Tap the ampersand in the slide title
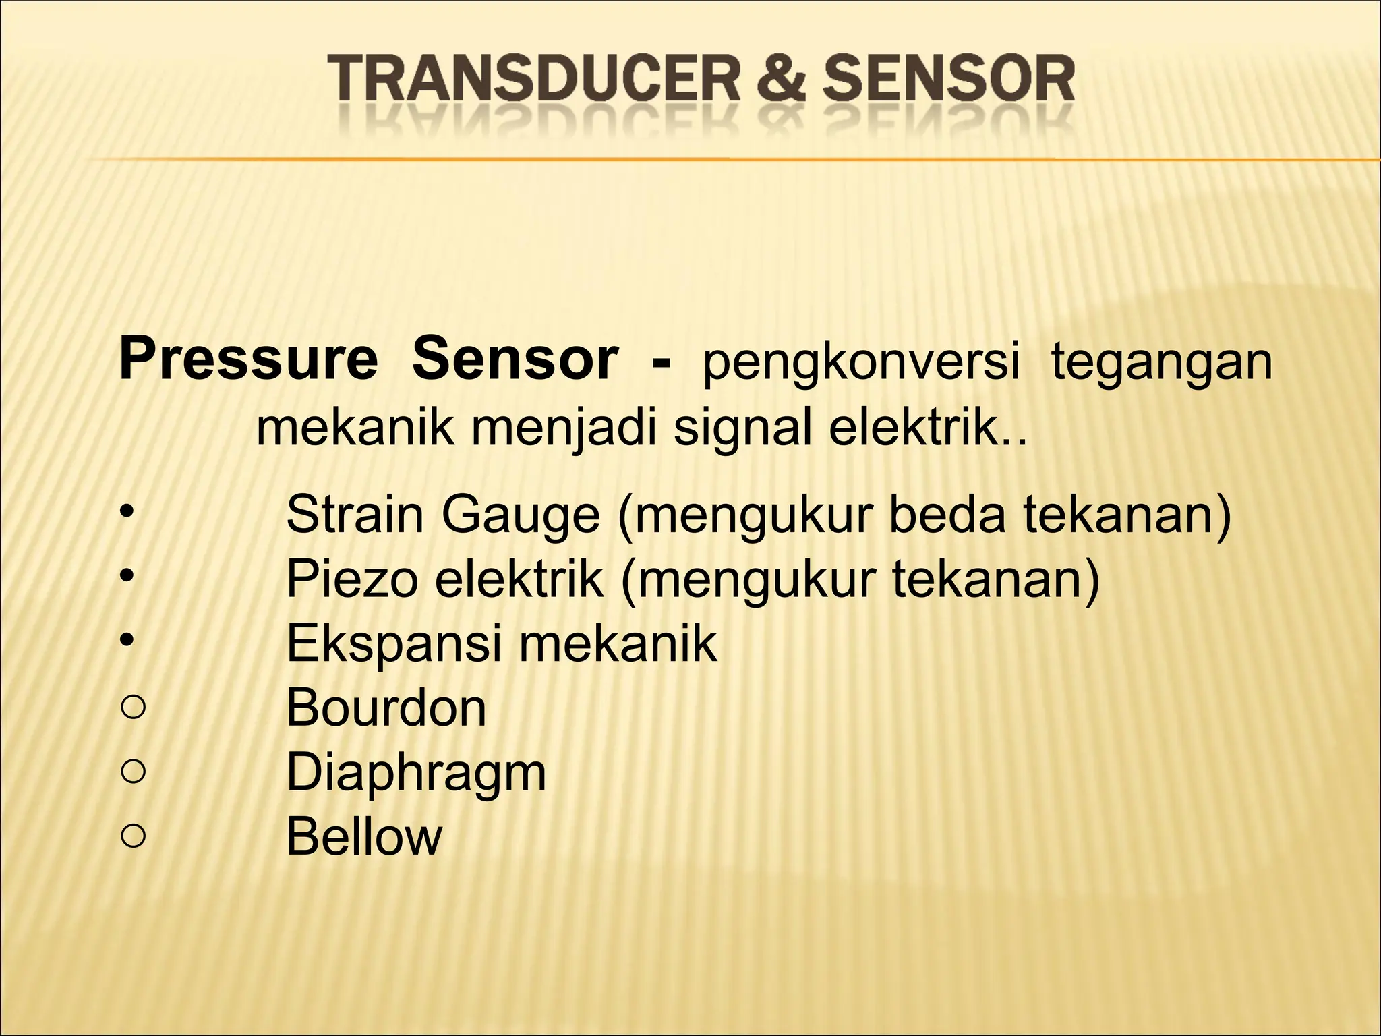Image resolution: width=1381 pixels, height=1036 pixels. click(x=780, y=79)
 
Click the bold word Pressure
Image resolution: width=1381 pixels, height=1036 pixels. click(x=248, y=359)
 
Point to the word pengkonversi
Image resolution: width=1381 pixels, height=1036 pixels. click(x=860, y=362)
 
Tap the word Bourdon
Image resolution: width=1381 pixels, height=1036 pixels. click(x=386, y=708)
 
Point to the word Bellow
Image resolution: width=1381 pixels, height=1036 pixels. click(x=364, y=836)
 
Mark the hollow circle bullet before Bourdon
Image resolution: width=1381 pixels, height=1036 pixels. click(x=134, y=708)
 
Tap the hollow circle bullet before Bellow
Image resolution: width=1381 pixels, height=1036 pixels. click(x=134, y=836)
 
